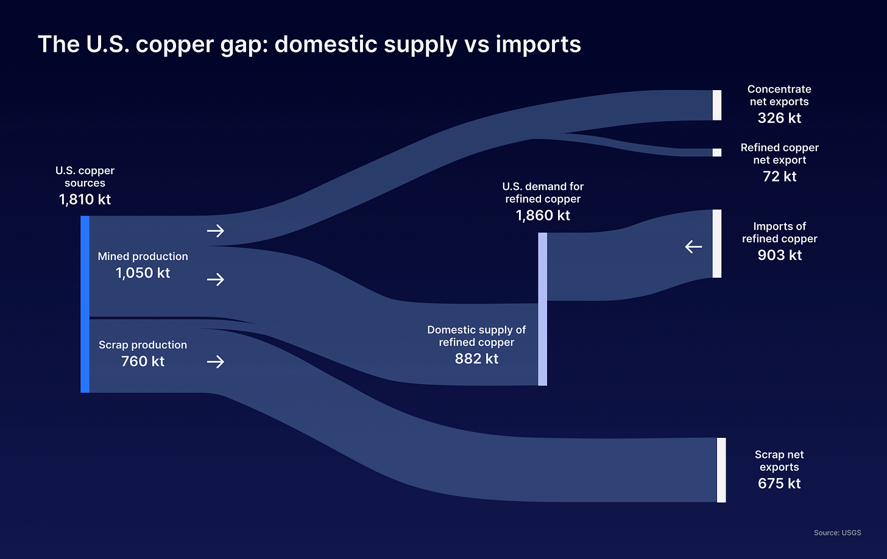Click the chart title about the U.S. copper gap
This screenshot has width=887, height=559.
[x=309, y=44]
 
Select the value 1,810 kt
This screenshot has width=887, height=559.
[x=85, y=200]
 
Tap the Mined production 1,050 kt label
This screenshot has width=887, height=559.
[x=143, y=265]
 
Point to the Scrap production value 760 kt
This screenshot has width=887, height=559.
[x=143, y=362]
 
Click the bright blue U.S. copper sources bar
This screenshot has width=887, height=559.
[x=85, y=304]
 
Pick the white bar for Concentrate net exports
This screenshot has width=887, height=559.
[x=717, y=105]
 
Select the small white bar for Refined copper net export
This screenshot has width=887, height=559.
[x=717, y=152]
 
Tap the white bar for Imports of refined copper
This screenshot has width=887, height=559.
[x=717, y=244]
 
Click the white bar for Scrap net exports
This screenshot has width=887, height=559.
[x=721, y=469]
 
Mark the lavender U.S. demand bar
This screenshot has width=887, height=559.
[x=542, y=309]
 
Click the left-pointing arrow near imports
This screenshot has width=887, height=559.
[x=693, y=247]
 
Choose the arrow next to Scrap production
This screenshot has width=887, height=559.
[x=216, y=362]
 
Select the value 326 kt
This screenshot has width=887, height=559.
[x=779, y=118]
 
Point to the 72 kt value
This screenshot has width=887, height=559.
[x=779, y=177]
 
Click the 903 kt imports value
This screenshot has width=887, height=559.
[x=779, y=255]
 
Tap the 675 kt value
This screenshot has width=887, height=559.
[x=779, y=483]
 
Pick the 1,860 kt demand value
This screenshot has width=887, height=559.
[x=543, y=216]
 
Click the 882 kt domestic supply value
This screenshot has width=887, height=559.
[x=476, y=359]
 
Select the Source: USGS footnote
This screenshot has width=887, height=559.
[x=837, y=533]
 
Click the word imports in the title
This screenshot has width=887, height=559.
[x=538, y=44]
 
